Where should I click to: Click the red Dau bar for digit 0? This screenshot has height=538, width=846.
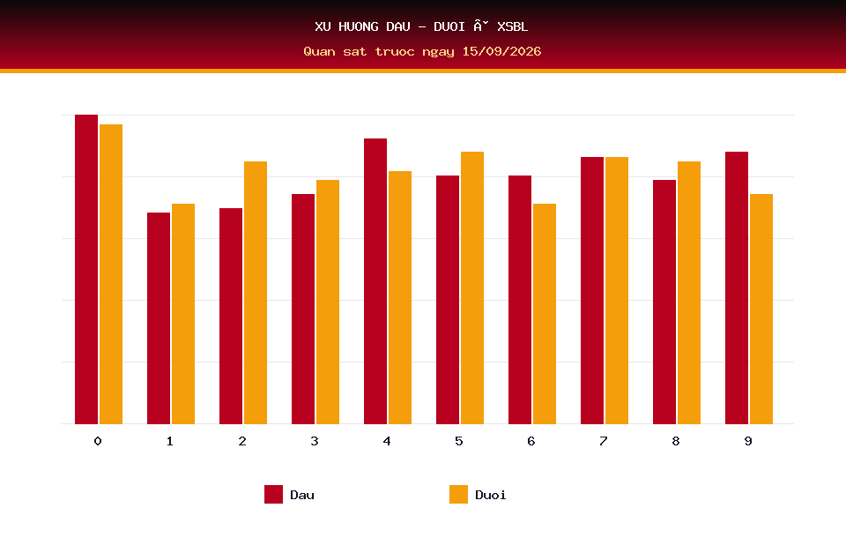point(86,269)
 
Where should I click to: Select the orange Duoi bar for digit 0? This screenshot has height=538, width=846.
point(111,274)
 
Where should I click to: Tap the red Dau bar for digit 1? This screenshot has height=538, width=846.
point(159,318)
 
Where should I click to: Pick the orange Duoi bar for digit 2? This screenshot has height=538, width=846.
point(256,293)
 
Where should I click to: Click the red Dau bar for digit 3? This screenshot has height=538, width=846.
point(303,309)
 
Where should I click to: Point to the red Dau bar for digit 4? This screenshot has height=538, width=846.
point(375,280)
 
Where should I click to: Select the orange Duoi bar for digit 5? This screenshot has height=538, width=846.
point(472,288)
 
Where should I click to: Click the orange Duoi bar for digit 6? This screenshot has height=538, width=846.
point(545,314)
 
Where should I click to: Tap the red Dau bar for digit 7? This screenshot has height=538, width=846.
point(592,290)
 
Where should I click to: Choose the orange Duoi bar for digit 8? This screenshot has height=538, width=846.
point(689,293)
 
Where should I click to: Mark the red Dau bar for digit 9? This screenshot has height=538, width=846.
point(737,288)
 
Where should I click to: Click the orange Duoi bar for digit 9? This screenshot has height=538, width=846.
point(761,309)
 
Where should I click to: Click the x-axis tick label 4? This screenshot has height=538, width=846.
point(387,441)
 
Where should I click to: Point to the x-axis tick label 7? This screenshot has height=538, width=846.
point(604,441)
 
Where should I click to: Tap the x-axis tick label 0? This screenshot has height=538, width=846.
point(98,441)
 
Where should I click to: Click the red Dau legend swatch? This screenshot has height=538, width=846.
point(273,494)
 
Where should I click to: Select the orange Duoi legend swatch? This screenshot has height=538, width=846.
point(458,494)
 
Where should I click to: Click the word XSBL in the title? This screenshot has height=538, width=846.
point(513,26)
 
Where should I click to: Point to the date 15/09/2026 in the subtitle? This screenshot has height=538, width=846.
point(501,51)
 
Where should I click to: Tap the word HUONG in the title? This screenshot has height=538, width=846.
point(359,26)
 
